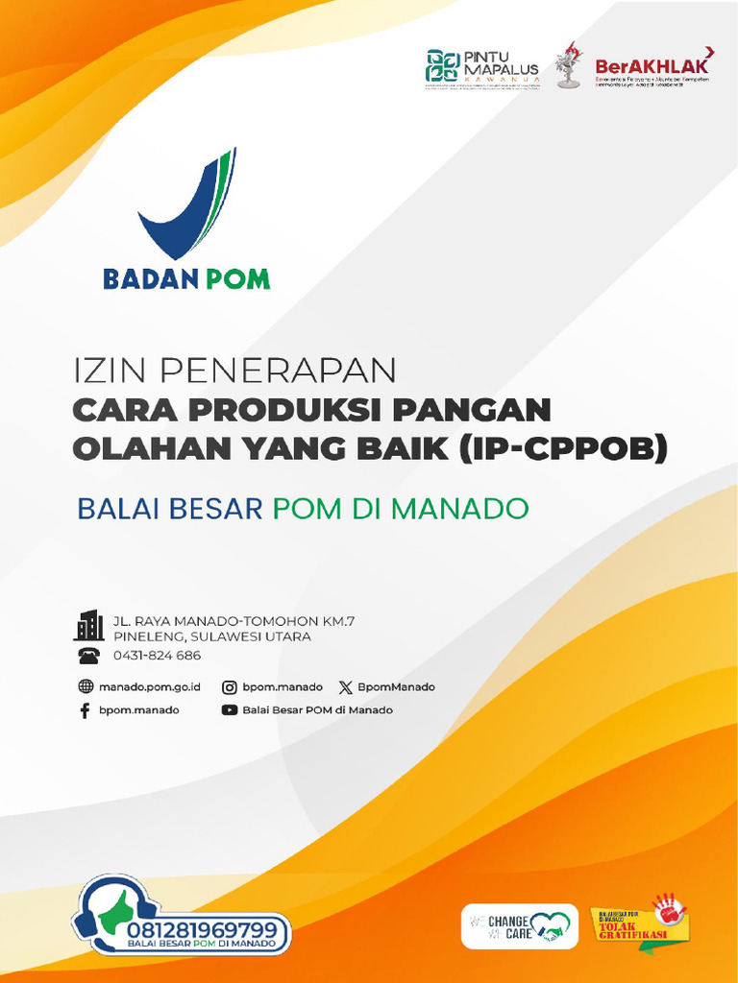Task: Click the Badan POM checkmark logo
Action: coord(187,206)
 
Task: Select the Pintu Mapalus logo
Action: coord(481,67)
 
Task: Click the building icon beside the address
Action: coord(89,625)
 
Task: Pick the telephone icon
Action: coord(88,656)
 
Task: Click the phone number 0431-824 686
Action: coord(157,656)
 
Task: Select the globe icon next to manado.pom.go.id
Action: coord(85,687)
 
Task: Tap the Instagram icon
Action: coord(230,687)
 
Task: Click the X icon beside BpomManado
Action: coord(345,687)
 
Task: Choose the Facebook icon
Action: coord(85,710)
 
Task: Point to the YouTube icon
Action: coord(230,710)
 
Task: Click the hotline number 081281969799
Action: coord(209,930)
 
